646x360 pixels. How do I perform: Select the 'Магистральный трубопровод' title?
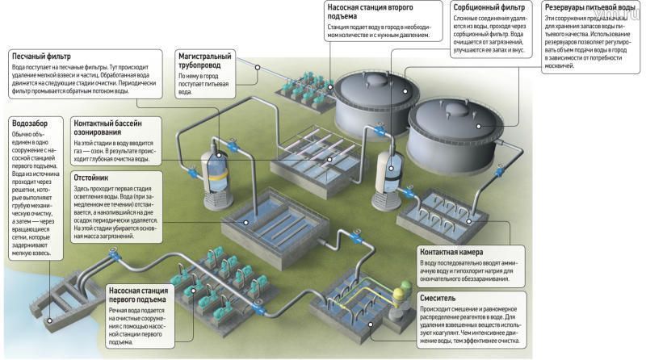(205, 61)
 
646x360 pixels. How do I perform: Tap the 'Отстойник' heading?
(92, 176)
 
